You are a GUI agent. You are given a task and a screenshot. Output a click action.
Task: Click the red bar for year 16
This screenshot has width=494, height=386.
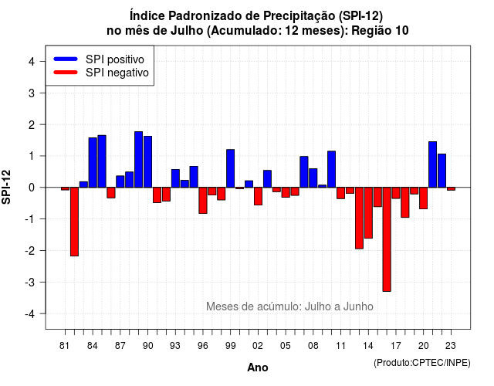[x=387, y=239]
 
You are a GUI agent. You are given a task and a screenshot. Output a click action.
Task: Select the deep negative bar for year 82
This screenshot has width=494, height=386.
[x=74, y=222]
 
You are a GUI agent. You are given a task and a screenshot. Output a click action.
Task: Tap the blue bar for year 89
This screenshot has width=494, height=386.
[x=139, y=160]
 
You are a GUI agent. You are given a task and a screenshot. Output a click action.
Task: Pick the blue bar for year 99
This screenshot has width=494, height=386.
[x=231, y=168]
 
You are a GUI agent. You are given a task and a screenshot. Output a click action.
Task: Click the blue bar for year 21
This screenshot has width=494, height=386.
[x=432, y=164]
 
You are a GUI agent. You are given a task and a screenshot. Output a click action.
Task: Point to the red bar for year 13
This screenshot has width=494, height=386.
[x=359, y=218]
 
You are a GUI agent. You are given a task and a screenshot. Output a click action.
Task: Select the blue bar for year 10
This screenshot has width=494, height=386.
[x=331, y=169]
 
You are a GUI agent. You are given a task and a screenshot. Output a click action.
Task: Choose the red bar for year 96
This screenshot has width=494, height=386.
[x=203, y=201]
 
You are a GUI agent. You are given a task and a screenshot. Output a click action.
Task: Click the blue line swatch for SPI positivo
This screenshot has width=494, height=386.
[x=66, y=59]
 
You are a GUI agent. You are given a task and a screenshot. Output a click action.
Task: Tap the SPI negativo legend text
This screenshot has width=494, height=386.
[x=117, y=73]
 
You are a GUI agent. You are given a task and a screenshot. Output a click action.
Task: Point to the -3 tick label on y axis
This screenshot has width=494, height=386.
[x=31, y=283]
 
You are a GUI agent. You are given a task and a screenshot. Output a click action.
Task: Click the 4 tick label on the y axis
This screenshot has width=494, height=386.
[x=32, y=62]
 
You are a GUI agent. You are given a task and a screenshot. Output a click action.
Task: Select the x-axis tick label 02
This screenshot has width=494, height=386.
[x=258, y=346]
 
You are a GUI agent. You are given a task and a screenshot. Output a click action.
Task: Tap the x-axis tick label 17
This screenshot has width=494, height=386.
[x=396, y=346]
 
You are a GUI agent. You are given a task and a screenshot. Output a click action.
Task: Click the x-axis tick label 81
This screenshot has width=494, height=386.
[x=64, y=346]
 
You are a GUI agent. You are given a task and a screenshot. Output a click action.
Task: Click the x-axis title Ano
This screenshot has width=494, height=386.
[x=258, y=367]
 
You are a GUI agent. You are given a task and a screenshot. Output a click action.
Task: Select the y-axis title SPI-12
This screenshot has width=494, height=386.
[x=6, y=187]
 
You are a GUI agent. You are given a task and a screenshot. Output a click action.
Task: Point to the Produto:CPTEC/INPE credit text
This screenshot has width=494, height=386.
[x=422, y=363]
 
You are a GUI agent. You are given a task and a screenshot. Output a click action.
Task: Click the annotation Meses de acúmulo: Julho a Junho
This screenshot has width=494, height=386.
[x=289, y=306]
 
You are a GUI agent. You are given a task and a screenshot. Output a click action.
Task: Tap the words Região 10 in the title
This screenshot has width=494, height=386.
[x=380, y=31]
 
